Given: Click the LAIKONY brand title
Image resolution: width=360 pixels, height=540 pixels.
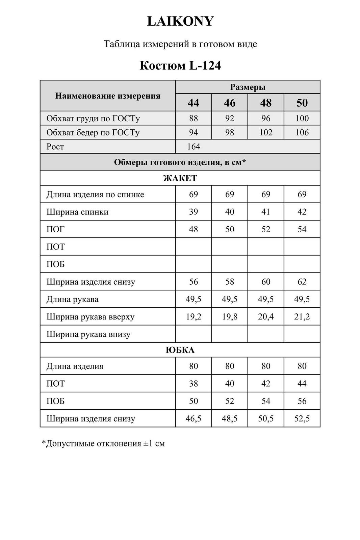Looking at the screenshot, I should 180,21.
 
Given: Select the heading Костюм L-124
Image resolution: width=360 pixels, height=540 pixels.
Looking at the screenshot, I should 180,65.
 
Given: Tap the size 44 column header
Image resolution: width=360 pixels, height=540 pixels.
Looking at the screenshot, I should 194,103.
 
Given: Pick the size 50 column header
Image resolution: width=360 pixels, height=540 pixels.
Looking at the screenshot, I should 302,103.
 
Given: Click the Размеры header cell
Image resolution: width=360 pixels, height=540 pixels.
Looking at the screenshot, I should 248,87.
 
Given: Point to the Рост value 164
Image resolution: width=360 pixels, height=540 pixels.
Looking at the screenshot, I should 194,147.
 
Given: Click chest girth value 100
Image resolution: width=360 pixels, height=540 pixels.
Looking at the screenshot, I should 302,118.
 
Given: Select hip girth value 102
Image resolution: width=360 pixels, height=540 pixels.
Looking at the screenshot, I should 266,132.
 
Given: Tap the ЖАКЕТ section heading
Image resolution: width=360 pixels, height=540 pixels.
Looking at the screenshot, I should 180,178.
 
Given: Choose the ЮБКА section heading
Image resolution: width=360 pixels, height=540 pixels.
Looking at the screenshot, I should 180,350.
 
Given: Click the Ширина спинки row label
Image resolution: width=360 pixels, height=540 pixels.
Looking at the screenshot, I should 77,212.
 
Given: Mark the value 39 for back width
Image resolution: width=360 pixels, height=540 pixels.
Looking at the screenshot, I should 194,212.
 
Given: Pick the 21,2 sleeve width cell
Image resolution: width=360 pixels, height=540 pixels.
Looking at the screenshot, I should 302,317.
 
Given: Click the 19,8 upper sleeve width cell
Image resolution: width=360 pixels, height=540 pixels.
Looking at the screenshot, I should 230,317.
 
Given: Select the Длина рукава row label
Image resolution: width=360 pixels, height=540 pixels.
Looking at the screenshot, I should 72,299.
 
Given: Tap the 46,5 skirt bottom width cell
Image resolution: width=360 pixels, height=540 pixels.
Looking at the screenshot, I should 194,419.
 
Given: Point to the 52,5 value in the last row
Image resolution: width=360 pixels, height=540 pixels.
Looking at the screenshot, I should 302,419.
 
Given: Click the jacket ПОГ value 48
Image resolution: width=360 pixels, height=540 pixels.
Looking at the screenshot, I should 194,229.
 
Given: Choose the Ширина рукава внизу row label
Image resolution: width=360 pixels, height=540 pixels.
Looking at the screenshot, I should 88,334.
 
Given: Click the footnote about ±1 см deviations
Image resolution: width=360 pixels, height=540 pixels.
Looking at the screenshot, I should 103,443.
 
